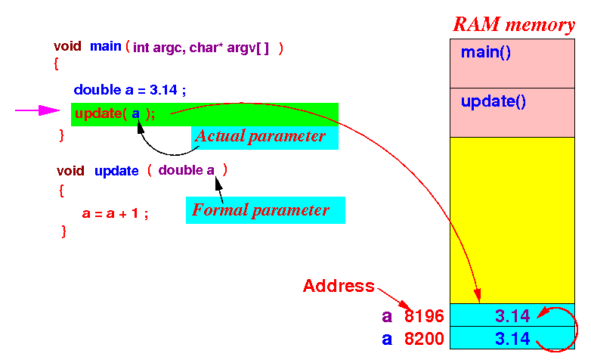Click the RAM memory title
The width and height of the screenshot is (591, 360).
click(513, 24)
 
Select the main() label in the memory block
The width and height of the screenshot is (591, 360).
click(487, 53)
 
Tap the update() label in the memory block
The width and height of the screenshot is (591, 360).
click(493, 101)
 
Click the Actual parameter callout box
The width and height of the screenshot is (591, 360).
click(260, 137)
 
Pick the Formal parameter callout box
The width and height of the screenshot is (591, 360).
click(265, 210)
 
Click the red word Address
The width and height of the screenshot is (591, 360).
click(339, 286)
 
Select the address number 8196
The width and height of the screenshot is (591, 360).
click(424, 316)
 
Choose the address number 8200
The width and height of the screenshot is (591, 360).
click(424, 338)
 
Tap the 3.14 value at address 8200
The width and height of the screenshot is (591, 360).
click(512, 338)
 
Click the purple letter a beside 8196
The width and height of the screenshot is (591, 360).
click(387, 317)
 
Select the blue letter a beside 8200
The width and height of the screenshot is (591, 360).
click(387, 339)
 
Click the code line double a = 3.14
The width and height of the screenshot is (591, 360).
click(129, 90)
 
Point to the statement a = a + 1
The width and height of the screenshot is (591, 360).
click(115, 213)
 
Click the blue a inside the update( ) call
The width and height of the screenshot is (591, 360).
click(136, 113)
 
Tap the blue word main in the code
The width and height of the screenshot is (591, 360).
click(106, 46)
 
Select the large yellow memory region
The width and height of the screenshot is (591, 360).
click(512, 219)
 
